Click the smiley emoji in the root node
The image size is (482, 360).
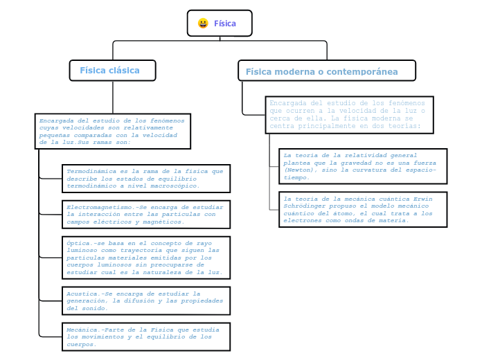coord(203,24)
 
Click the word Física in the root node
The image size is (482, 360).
coord(225,24)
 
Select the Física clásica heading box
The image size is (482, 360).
coord(112,70)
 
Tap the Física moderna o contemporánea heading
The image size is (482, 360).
coord(326,71)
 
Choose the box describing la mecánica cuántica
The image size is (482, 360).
coord(362,210)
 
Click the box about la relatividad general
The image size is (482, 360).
coord(362,166)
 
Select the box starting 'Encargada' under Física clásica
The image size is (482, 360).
coord(112,131)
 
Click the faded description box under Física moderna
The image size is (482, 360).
coord(349,114)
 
